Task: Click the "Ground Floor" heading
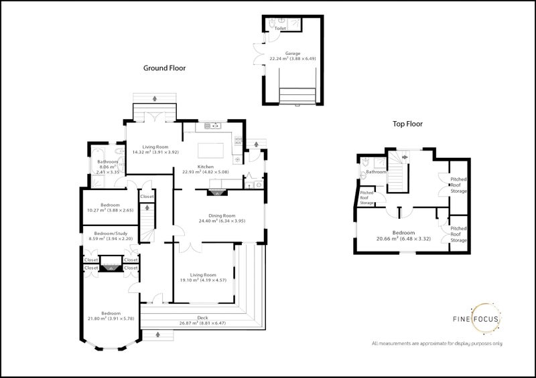(x=164, y=68)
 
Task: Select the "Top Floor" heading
(x=407, y=124)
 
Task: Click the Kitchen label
(x=205, y=167)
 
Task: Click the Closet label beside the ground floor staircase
(x=147, y=197)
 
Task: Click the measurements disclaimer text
(x=437, y=343)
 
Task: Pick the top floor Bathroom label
(x=376, y=173)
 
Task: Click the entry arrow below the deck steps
(x=158, y=333)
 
